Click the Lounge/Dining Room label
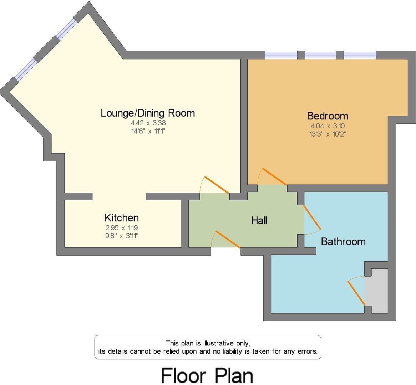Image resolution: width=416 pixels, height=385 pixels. coord(148,113)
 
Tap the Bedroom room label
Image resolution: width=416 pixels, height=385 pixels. coord(328,116)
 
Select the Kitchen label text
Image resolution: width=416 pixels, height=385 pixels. coord(122,217)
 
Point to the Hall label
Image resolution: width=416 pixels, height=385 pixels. coord(259,221)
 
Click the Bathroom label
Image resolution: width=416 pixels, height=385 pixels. coord(343,242)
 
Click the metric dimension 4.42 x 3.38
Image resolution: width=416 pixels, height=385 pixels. coord(148,123)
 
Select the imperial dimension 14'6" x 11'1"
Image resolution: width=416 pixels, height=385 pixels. coord(148,131)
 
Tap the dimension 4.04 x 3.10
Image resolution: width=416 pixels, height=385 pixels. coord(328,126)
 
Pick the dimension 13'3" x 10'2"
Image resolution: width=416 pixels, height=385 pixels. coord(328,134)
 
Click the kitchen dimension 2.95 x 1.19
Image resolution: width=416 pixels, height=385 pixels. coord(122,227)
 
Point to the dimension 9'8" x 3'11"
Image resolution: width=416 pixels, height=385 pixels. coord(122,235)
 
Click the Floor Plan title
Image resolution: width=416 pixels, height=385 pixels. coord(207,375)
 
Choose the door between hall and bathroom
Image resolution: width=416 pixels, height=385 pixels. coord(312,217)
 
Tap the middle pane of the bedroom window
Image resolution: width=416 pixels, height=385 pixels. coord(320,55)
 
